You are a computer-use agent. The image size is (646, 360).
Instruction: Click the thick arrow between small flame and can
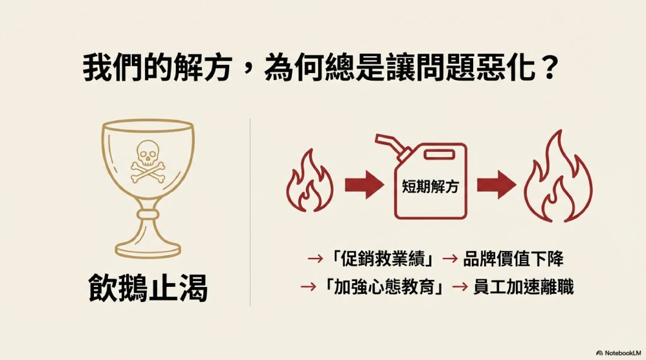pyautogui.click(x=364, y=185)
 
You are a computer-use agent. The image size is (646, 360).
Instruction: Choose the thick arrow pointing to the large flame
pyautogui.click(x=496, y=185)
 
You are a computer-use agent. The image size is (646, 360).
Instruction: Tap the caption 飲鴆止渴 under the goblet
pyautogui.click(x=148, y=291)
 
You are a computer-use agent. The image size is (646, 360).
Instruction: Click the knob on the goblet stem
pyautogui.click(x=148, y=215)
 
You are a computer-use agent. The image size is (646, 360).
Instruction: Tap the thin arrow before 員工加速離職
pyautogui.click(x=461, y=287)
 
